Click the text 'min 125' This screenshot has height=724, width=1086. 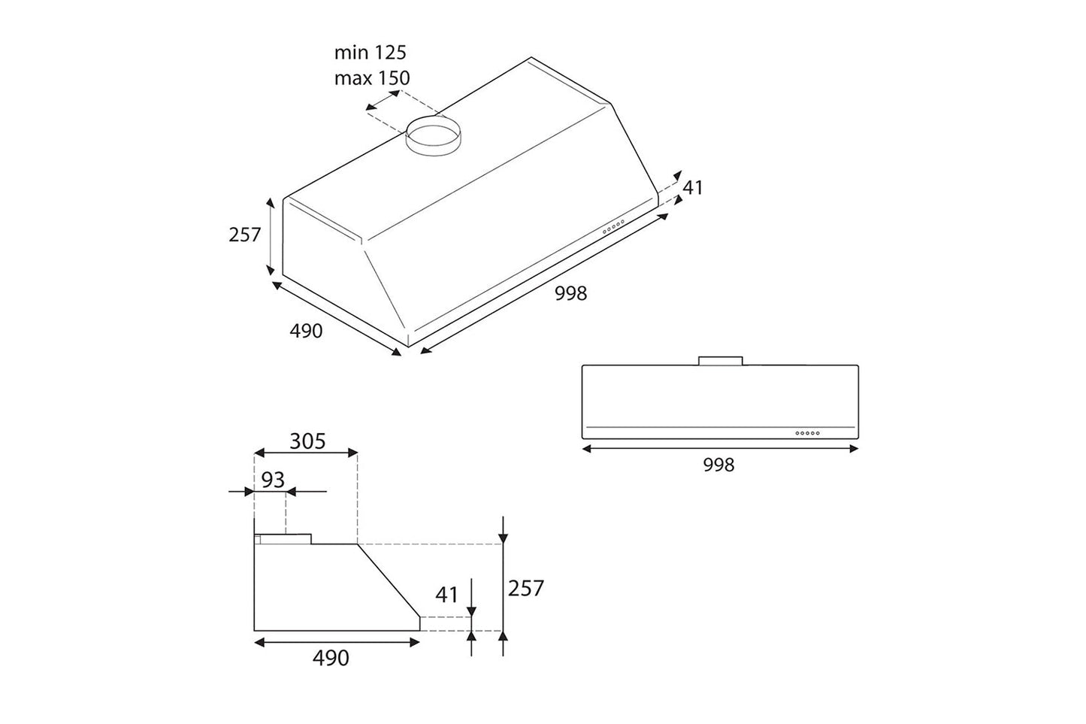tap(370, 53)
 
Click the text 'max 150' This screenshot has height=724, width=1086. tap(372, 77)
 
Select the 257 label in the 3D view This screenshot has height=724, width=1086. tap(244, 235)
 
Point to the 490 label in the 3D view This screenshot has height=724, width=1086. tap(306, 330)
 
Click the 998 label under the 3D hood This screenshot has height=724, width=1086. tap(570, 293)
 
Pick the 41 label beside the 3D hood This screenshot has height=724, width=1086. tap(692, 187)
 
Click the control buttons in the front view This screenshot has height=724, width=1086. tap(807, 433)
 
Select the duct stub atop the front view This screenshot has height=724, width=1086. tap(720, 361)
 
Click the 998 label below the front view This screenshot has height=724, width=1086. tap(718, 465)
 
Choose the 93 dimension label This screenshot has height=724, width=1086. tap(273, 479)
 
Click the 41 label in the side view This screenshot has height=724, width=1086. tap(446, 595)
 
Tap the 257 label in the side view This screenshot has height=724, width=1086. tap(525, 588)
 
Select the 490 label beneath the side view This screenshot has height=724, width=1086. tap(331, 658)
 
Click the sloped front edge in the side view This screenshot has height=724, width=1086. tap(388, 580)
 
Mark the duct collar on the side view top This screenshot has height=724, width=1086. tap(283, 538)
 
